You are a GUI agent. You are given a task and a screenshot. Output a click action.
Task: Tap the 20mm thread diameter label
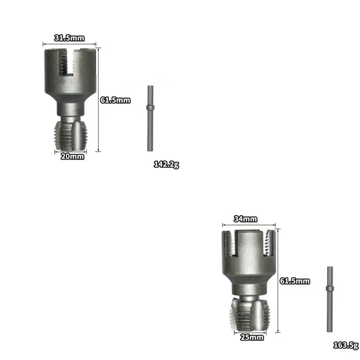(72, 157)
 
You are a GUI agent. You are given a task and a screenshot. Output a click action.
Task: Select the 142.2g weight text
(166, 164)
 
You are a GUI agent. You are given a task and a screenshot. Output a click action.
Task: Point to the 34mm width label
(246, 219)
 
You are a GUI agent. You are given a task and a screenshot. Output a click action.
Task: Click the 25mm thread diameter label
(251, 337)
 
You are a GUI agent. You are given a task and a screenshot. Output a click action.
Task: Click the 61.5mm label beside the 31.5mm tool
(115, 100)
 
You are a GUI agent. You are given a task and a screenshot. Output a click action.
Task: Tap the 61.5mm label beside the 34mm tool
(294, 281)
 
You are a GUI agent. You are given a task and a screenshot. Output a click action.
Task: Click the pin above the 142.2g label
(150, 118)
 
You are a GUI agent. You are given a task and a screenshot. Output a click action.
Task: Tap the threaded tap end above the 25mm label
(250, 316)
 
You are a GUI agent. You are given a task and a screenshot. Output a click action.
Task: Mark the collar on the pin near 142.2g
(150, 107)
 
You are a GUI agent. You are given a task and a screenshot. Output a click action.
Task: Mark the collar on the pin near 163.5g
(329, 288)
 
